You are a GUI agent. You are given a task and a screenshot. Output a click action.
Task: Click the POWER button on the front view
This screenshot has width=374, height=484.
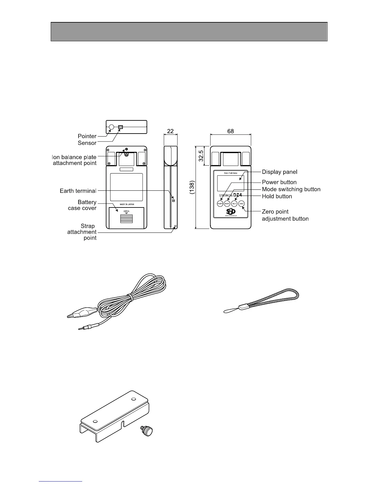point(220,204)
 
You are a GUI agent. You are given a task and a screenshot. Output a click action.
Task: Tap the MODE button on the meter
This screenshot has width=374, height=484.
point(227,204)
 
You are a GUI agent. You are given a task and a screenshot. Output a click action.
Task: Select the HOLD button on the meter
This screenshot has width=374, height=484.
point(234,204)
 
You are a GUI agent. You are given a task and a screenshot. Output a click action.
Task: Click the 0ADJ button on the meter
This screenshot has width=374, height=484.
point(241,204)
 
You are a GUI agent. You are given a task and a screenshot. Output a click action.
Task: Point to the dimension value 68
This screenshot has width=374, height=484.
point(230,131)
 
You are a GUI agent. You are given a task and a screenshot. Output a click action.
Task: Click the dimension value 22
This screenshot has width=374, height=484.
point(170,131)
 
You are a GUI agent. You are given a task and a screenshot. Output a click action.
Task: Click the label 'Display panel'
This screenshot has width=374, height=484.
point(280,172)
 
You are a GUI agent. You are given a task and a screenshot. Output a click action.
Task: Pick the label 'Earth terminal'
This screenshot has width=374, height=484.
point(78,191)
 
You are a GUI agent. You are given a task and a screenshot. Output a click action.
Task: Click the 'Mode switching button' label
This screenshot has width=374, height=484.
point(291,189)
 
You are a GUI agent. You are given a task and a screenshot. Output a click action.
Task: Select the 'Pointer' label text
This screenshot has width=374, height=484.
point(87,136)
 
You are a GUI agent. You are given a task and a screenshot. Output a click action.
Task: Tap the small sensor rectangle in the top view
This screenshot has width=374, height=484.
point(120,127)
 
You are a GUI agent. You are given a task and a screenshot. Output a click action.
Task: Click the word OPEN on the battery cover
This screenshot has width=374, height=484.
point(127,211)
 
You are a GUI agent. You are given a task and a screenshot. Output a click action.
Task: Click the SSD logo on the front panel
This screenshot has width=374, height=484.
point(231,211)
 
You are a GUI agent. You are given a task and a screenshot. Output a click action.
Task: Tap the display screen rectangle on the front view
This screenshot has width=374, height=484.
point(230,183)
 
